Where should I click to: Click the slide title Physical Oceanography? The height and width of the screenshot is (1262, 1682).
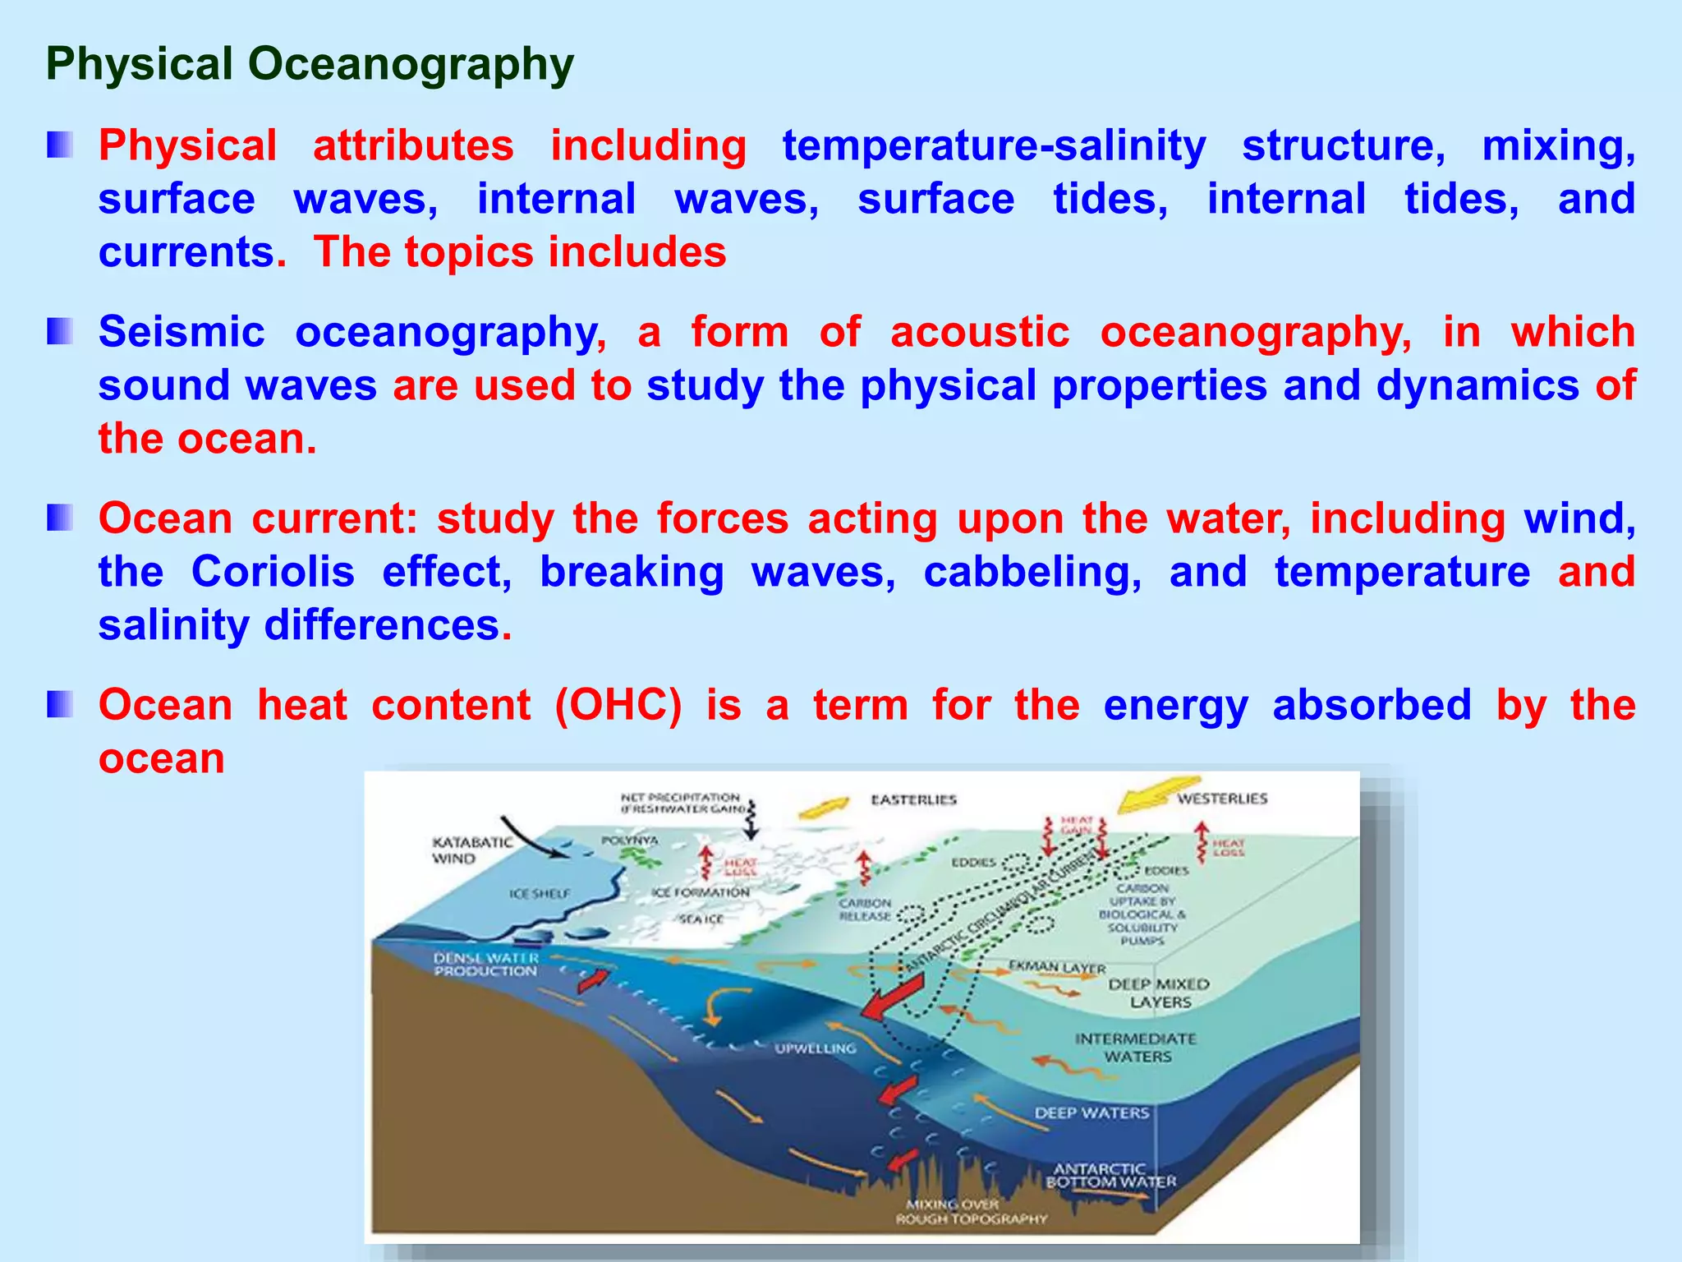310,64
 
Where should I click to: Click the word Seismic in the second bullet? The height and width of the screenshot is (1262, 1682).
182,333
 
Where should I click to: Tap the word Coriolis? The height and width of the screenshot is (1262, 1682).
273,572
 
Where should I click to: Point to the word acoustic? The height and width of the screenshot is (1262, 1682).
980,333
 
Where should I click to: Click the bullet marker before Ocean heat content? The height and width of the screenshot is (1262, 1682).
60,705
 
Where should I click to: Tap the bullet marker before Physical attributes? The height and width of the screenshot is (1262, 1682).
60,145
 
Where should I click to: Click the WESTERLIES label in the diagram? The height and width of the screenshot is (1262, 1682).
1222,799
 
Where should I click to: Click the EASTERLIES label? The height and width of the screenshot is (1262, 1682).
913,799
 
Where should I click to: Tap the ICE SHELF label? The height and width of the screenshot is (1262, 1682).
539,894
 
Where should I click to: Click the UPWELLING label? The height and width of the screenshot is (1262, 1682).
815,1048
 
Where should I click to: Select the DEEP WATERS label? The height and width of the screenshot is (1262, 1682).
1091,1113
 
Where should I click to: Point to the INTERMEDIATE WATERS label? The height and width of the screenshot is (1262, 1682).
1136,1048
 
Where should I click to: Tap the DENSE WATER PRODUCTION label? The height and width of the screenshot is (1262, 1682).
485,965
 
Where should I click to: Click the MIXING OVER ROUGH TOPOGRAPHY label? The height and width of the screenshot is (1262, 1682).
970,1211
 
